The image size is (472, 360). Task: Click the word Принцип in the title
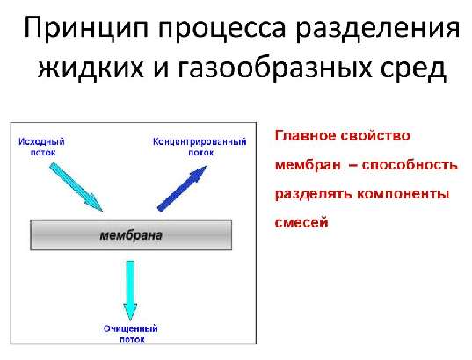(86, 28)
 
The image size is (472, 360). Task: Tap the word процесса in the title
(221, 28)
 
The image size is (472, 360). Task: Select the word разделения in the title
(377, 28)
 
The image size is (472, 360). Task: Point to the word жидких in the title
(91, 68)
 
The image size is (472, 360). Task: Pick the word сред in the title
(413, 69)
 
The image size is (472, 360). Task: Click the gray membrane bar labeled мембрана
(131, 235)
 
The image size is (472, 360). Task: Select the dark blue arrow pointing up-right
(182, 189)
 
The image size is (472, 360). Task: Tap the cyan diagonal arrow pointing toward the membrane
(76, 187)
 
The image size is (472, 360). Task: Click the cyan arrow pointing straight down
(130, 291)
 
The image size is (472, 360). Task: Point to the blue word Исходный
(41, 141)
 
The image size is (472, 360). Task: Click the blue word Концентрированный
(200, 141)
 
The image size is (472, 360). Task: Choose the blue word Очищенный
(131, 328)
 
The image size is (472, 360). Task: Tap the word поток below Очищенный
(132, 340)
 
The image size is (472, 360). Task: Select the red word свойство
(375, 136)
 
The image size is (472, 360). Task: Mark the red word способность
(410, 165)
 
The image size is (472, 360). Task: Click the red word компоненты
(403, 194)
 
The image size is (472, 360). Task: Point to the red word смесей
(301, 223)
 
